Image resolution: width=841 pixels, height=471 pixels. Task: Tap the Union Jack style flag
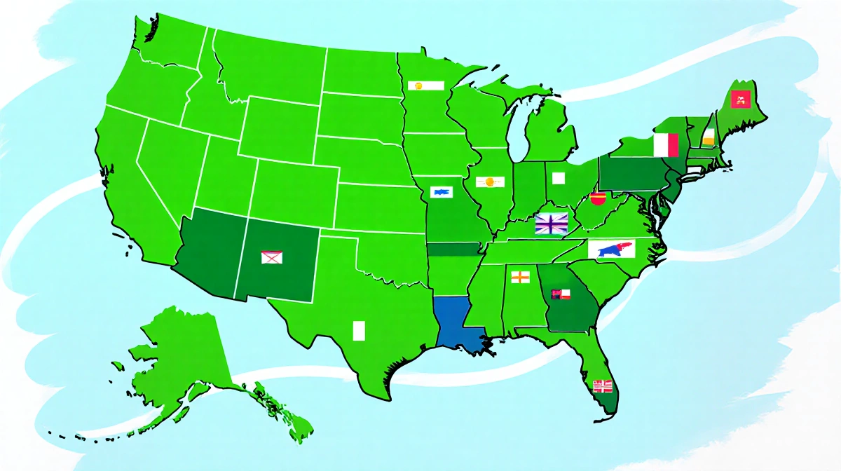point(551,224)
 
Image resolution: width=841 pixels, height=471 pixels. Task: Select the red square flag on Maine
point(739,99)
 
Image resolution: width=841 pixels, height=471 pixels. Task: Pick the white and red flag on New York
point(666,145)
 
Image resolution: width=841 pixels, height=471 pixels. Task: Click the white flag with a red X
point(271,257)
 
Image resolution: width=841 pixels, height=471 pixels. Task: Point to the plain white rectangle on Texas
point(360,330)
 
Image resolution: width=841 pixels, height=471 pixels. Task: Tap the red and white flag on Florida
point(603,385)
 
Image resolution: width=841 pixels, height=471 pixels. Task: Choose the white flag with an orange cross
point(519,276)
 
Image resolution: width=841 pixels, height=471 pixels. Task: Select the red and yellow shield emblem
point(597,199)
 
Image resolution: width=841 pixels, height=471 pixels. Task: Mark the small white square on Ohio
point(558,178)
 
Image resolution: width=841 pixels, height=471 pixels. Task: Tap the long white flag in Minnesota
point(427,86)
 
